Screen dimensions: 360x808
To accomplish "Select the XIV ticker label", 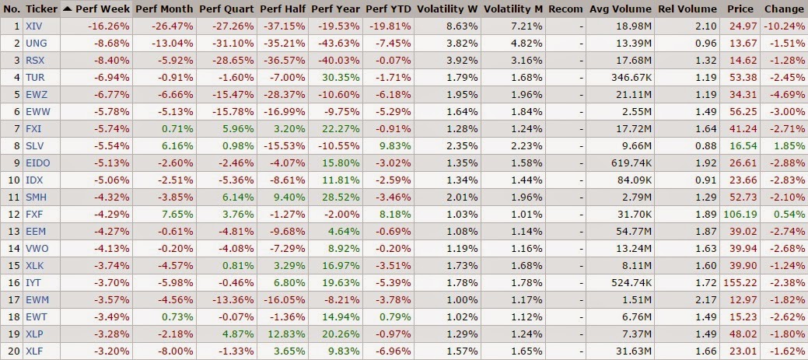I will coord(33,26).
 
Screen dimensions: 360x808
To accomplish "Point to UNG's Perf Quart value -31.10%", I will coord(230,42).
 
